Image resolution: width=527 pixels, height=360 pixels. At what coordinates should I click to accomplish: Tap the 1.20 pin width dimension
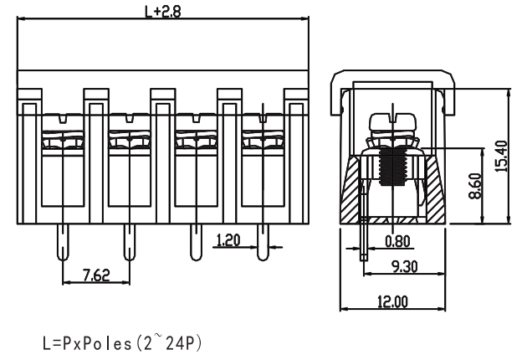click(x=228, y=240)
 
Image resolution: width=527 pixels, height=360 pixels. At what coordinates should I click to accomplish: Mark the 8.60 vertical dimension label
click(x=475, y=185)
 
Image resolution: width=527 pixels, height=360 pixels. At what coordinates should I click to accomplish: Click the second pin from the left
click(x=129, y=244)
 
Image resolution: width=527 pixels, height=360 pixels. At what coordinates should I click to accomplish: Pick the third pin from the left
click(x=196, y=244)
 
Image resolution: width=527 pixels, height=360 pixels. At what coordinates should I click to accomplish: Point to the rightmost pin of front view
click(x=263, y=244)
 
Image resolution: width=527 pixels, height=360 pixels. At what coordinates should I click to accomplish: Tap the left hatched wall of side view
click(x=352, y=192)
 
